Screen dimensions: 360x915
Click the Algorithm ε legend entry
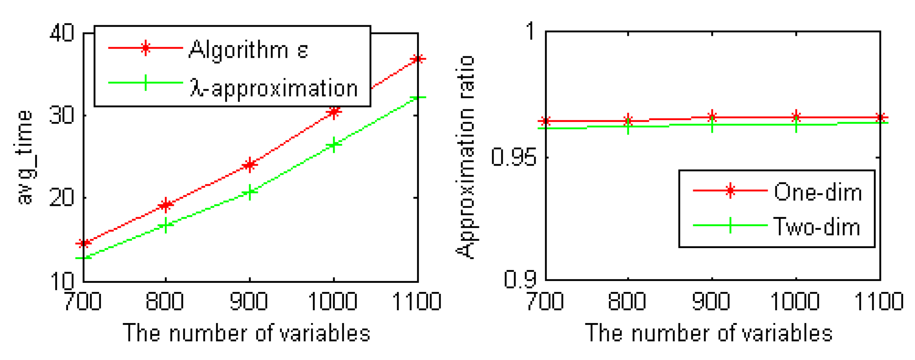[248, 49]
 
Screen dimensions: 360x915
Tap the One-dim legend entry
[818, 192]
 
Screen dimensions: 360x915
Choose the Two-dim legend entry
[816, 227]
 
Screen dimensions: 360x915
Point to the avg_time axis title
[24, 157]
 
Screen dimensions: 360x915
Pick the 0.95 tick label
[513, 158]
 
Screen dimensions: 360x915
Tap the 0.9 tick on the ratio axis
[520, 280]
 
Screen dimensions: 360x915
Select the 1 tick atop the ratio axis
[531, 31]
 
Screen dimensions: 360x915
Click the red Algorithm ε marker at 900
[250, 165]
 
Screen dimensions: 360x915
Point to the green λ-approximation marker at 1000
[334, 145]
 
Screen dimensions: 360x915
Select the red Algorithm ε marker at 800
[166, 205]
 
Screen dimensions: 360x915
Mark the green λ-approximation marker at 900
[250, 192]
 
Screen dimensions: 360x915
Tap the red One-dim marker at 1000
[796, 117]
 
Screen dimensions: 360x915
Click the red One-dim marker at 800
[628, 120]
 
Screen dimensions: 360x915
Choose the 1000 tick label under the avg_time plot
[333, 302]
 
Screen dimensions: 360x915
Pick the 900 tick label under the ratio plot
[711, 302]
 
